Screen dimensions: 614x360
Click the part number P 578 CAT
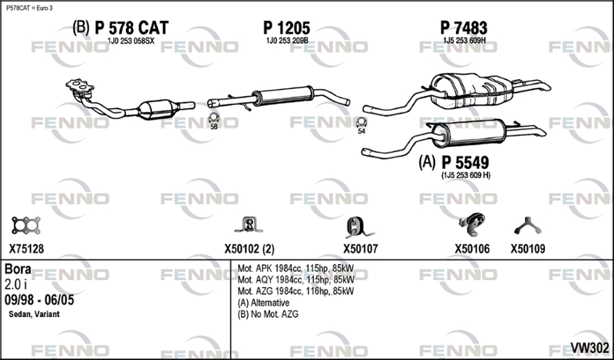click(x=131, y=28)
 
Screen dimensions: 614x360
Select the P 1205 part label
click(x=286, y=28)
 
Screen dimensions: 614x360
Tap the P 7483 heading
click(x=464, y=28)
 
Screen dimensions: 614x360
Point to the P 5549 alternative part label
click(x=465, y=162)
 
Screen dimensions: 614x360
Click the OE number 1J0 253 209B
click(x=287, y=41)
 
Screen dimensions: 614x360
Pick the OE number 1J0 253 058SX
click(x=130, y=41)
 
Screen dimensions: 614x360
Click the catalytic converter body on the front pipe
click(x=157, y=109)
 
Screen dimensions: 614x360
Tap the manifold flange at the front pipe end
click(x=80, y=87)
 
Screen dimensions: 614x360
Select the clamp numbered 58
click(x=213, y=117)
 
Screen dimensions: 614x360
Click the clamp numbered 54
click(x=361, y=122)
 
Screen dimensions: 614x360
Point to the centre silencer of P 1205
click(x=282, y=96)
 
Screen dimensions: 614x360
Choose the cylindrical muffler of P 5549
click(x=469, y=134)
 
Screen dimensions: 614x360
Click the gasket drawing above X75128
click(x=26, y=226)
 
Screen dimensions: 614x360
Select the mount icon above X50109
click(x=527, y=226)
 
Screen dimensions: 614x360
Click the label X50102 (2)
click(x=249, y=249)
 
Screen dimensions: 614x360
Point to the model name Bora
click(x=18, y=269)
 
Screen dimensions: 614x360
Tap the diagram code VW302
click(x=589, y=348)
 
